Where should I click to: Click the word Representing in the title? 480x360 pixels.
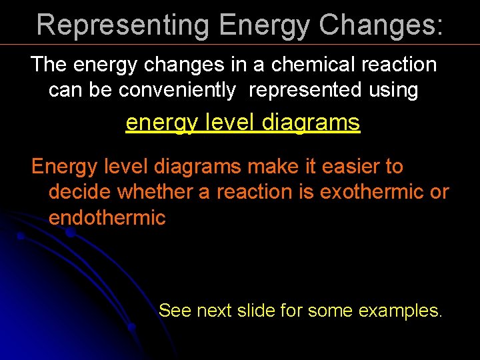coord(124,25)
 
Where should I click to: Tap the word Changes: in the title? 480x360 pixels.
coord(381,25)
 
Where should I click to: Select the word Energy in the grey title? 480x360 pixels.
coord(264,25)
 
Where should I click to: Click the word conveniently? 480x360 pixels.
coord(177,89)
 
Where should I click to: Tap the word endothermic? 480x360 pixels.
coord(107,217)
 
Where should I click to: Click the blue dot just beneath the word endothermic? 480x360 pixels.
coord(70,233)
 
